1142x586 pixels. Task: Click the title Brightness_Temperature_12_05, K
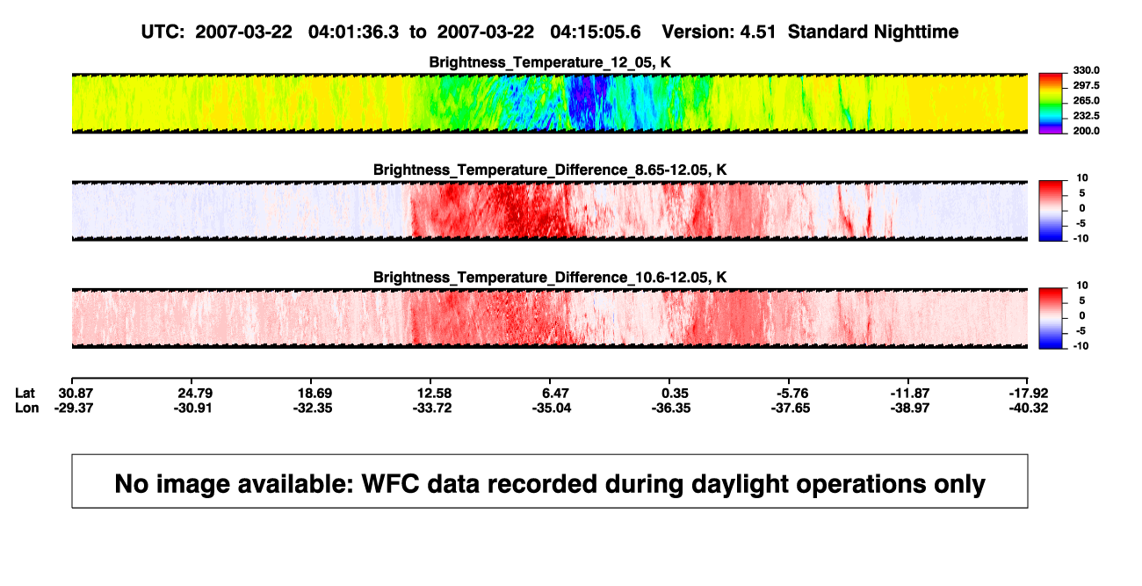[x=550, y=62]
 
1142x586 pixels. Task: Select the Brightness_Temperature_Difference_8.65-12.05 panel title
[x=550, y=170]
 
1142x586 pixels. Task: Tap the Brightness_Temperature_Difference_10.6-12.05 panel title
[x=550, y=278]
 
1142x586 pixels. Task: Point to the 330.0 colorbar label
[x=1086, y=70]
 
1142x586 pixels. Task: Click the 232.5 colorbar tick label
[x=1086, y=116]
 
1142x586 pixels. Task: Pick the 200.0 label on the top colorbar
[x=1086, y=131]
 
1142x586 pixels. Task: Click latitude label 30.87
[x=76, y=394]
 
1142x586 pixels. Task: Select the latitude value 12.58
[x=434, y=394]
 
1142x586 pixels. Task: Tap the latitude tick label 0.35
[x=675, y=394]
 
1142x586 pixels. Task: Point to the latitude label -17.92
[x=1029, y=394]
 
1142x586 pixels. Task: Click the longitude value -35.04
[x=552, y=408]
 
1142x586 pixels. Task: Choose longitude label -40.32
[x=1029, y=408]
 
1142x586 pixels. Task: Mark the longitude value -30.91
[x=192, y=408]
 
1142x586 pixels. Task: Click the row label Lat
[x=25, y=394]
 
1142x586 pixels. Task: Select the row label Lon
[x=26, y=408]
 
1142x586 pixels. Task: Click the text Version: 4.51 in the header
[x=719, y=32]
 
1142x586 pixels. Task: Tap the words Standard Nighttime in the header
[x=873, y=33]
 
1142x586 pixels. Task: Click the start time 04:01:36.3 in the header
[x=353, y=32]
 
